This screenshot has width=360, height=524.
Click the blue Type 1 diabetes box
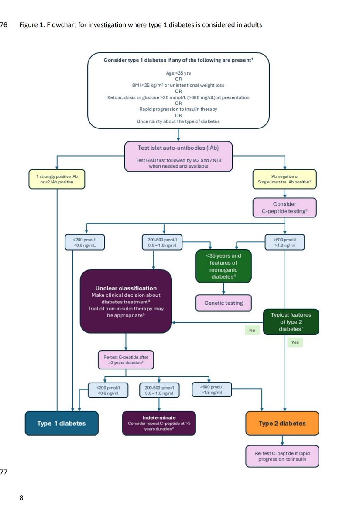61,423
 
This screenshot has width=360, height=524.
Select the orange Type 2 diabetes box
282,423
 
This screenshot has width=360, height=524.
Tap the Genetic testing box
224,303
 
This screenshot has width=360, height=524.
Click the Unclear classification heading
126,288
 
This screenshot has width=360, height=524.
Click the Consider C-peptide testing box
285,208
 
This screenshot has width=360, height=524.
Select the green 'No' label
252,331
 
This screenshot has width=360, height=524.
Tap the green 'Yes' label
295,343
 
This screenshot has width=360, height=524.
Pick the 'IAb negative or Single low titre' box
285,179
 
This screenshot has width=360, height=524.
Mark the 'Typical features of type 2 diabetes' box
291,321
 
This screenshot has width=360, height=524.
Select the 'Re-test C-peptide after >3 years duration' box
126,360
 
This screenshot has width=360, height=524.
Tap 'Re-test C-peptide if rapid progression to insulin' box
282,456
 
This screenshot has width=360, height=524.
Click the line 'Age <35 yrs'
178,73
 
